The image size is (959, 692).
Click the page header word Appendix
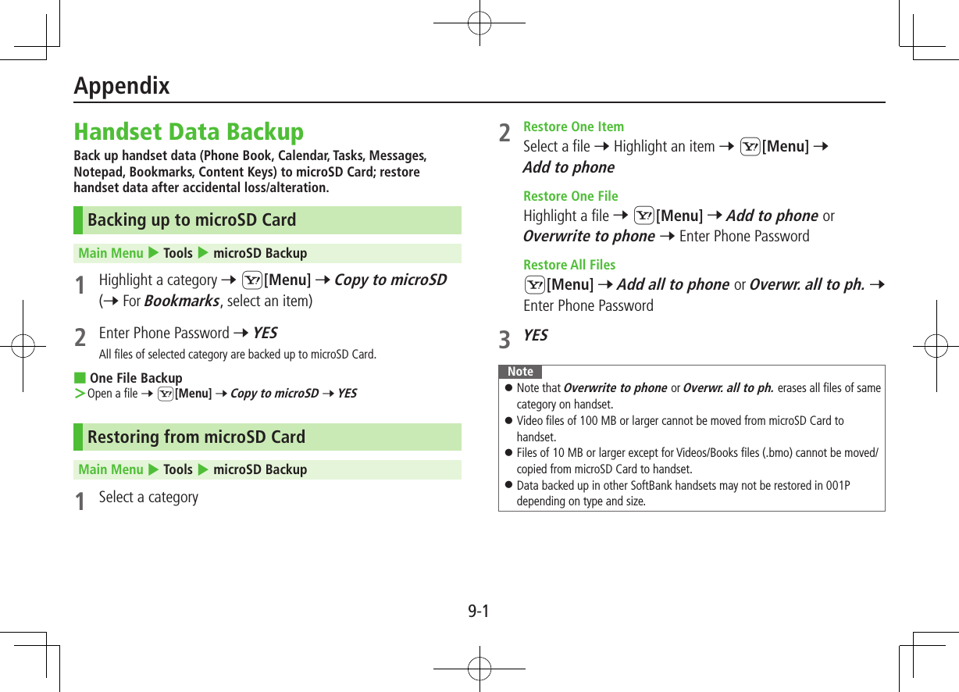pyautogui.click(x=122, y=86)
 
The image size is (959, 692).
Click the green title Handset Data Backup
pyautogui.click(x=188, y=131)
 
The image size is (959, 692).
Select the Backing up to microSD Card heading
pyautogui.click(x=191, y=220)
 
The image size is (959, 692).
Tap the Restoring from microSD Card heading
pyautogui.click(x=196, y=437)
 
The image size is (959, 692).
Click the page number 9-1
pyautogui.click(x=479, y=611)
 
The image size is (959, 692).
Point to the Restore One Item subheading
pyautogui.click(x=573, y=127)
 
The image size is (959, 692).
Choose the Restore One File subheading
pyautogui.click(x=570, y=196)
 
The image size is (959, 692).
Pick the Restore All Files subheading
pyautogui.click(x=569, y=265)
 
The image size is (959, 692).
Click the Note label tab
pyautogui.click(x=520, y=372)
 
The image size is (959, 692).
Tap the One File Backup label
pyautogui.click(x=135, y=378)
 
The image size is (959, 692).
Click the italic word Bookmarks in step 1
pyautogui.click(x=181, y=301)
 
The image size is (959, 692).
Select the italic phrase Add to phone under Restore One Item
pyautogui.click(x=569, y=167)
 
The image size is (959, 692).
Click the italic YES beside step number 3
pyautogui.click(x=535, y=335)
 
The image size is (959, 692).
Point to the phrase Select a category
pyautogui.click(x=148, y=498)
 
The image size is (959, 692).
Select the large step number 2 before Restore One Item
pyautogui.click(x=505, y=134)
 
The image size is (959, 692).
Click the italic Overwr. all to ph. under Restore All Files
pyautogui.click(x=807, y=285)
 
